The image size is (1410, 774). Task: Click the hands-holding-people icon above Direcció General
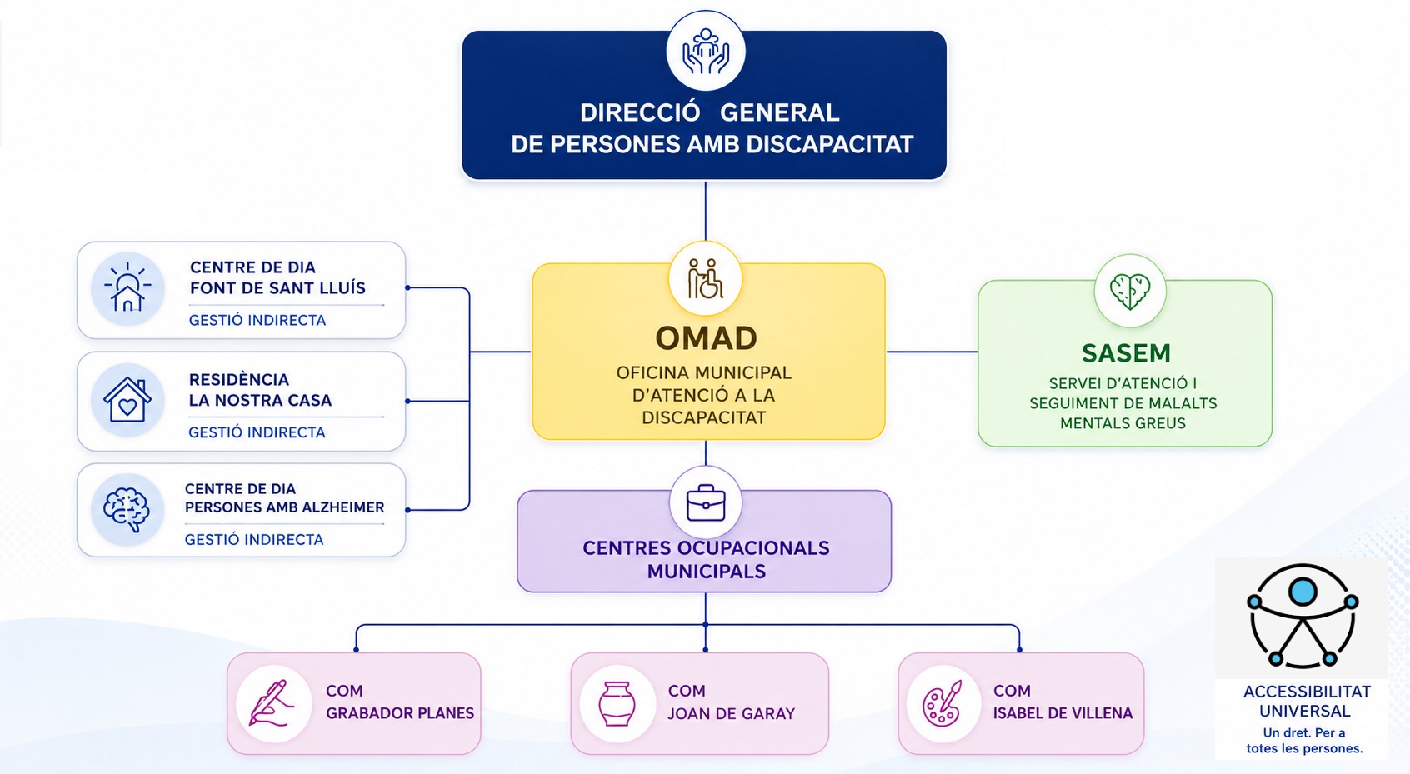(706, 52)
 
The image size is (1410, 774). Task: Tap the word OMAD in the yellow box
(707, 338)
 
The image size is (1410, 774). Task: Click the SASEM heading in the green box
(1126, 353)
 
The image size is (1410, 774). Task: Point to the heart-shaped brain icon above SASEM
(1130, 291)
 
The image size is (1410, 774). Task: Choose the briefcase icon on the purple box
(706, 502)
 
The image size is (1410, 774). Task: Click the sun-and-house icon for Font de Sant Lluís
(127, 287)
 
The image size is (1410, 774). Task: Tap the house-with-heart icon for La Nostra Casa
(127, 400)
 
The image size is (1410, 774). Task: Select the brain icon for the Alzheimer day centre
(127, 509)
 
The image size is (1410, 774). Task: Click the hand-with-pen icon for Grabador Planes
(272, 703)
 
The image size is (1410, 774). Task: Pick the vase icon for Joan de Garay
(616, 703)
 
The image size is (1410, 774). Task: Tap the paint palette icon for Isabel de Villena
(942, 703)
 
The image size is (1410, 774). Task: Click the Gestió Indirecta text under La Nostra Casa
(257, 432)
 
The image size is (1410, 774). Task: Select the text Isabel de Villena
(1062, 713)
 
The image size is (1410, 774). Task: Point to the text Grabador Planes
(400, 713)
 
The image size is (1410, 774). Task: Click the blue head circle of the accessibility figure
(1302, 592)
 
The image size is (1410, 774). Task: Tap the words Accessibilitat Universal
(1306, 701)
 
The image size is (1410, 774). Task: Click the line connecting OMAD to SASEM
(932, 352)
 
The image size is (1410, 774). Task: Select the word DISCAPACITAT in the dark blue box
(830, 144)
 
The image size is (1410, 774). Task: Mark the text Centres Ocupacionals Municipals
(707, 559)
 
